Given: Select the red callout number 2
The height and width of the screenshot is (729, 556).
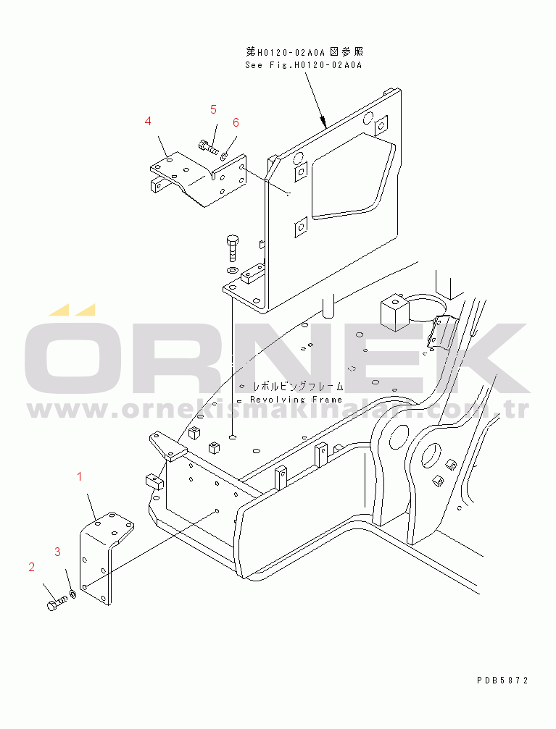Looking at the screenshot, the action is click(x=32, y=567).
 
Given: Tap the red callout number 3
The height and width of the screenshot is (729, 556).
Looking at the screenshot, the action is click(x=57, y=552).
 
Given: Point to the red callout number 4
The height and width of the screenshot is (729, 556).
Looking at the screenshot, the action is click(x=148, y=121).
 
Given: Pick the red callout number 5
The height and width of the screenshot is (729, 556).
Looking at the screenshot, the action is click(x=213, y=109).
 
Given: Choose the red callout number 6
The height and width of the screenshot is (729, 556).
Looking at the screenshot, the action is click(x=236, y=122).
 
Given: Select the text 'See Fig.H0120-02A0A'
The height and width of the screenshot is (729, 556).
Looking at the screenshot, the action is click(x=302, y=64).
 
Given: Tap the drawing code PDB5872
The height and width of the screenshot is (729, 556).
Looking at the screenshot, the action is click(x=502, y=680).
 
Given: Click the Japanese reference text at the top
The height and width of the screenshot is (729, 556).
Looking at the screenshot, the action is click(x=304, y=52).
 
